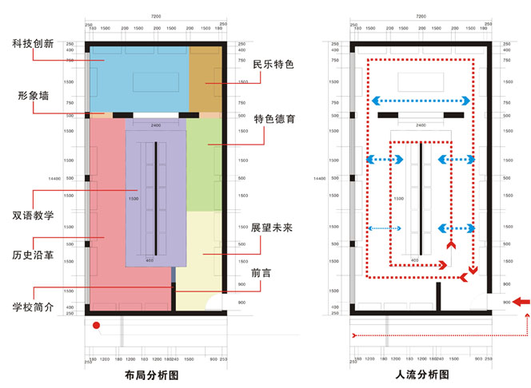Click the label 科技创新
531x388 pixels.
(x=33, y=43)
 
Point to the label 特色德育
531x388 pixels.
(x=274, y=120)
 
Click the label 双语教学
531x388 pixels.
(x=33, y=216)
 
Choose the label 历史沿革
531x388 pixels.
(x=33, y=256)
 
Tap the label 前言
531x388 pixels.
(x=261, y=273)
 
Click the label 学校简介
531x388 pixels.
(x=33, y=307)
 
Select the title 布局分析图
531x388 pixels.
(x=151, y=374)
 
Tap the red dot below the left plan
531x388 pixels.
(x=96, y=326)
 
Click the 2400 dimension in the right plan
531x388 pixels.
(x=420, y=125)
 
